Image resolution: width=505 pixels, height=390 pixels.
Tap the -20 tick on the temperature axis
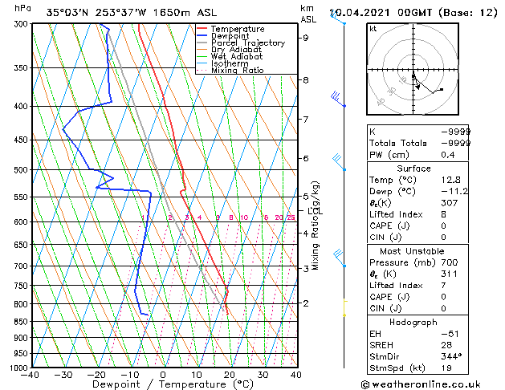click(96, 375)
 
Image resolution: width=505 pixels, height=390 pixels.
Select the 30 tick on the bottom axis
click(262, 375)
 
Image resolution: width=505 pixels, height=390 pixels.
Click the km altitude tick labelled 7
click(306, 120)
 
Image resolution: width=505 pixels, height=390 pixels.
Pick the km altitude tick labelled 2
click(306, 303)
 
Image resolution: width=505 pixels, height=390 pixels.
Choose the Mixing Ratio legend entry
click(238, 71)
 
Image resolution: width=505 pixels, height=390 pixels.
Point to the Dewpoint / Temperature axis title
click(163, 385)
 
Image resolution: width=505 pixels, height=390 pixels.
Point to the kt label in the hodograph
click(373, 28)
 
